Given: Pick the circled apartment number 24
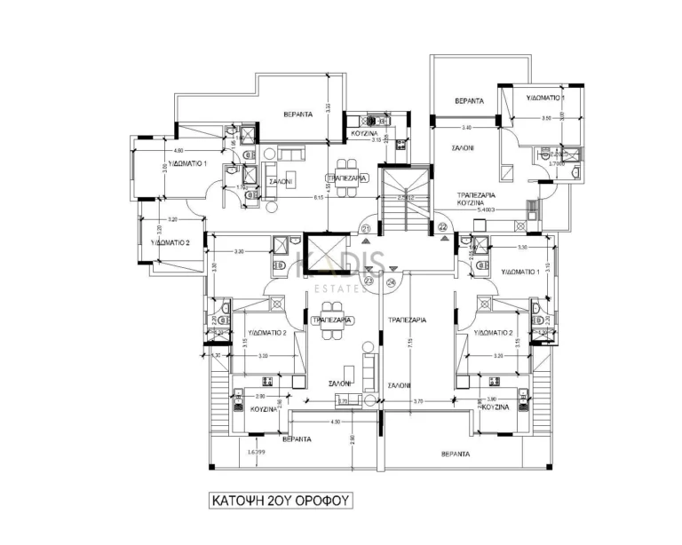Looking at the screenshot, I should pos(392,282).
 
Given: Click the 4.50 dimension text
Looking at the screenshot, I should pos(310,423).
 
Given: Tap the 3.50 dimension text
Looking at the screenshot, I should pos(547,118).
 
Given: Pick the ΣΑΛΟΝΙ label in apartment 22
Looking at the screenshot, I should pos(462,148).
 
